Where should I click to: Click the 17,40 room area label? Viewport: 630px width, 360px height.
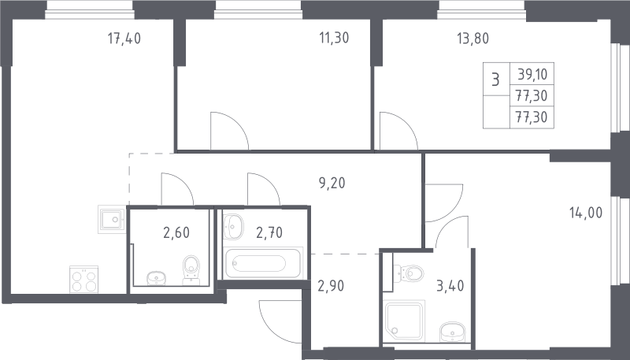124,39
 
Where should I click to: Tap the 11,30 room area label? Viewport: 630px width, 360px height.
334,38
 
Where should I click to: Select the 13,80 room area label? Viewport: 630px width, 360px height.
473,39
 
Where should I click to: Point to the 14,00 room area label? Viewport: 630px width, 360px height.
586,213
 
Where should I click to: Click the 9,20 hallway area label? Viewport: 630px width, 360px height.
332,184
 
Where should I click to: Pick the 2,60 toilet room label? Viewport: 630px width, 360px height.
176,232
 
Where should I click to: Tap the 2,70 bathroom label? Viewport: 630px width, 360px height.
269,232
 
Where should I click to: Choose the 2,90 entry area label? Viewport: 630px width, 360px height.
331,286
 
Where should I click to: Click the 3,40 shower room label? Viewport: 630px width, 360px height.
450,286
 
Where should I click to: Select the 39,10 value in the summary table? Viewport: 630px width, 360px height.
532,74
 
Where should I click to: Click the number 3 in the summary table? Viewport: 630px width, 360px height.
496,80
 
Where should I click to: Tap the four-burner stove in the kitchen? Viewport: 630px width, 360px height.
84,280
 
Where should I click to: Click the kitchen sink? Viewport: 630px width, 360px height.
111,219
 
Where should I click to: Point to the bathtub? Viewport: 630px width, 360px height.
263,264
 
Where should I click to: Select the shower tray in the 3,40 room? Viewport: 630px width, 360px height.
404,321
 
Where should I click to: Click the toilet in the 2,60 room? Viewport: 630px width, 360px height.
191,269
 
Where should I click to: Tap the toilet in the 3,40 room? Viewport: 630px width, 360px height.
409,273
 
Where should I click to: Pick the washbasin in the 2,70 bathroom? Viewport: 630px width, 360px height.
233,226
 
